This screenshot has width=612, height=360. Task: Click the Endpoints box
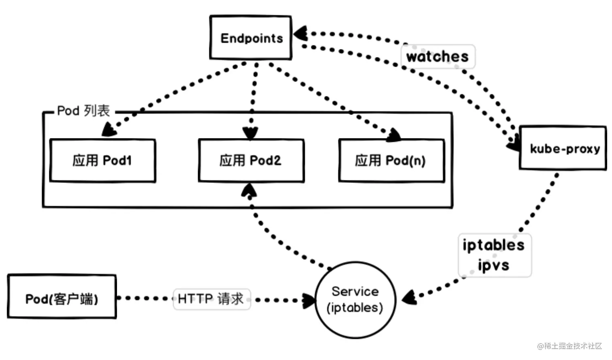[251, 38]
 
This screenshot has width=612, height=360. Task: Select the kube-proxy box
[564, 148]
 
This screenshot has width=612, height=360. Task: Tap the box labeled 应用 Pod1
[102, 161]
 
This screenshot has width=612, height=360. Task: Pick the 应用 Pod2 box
[251, 161]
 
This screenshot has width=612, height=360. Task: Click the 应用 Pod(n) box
[391, 161]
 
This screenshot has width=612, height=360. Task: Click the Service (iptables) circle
[355, 300]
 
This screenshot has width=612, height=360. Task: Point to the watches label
[438, 56]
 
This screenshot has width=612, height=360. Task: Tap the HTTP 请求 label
[211, 299]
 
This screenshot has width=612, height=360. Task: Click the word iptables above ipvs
[493, 245]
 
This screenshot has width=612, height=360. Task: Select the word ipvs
[493, 265]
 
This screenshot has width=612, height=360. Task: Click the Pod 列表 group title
[83, 110]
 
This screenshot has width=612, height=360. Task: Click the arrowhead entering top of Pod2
[250, 133]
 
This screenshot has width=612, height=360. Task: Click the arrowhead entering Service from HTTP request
[309, 300]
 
